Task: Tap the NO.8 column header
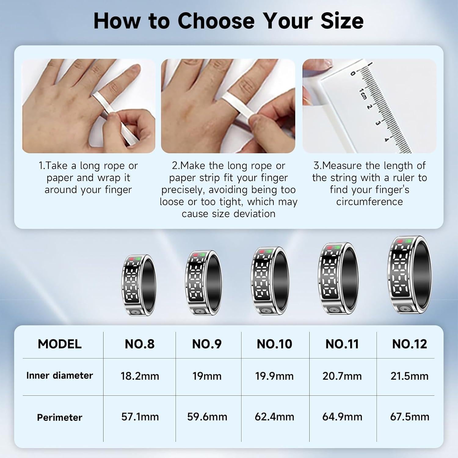click(140, 344)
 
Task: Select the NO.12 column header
click(409, 344)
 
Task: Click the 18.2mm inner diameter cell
click(140, 376)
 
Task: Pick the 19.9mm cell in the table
click(274, 376)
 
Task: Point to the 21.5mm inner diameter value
click(409, 376)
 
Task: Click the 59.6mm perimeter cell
click(207, 417)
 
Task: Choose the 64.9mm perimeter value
click(342, 417)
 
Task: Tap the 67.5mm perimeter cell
click(409, 417)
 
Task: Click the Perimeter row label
click(60, 417)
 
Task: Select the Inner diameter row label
click(60, 376)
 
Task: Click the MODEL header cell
click(60, 344)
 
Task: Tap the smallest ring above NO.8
click(139, 285)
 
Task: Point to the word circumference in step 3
click(369, 202)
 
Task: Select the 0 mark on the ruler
click(354, 73)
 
